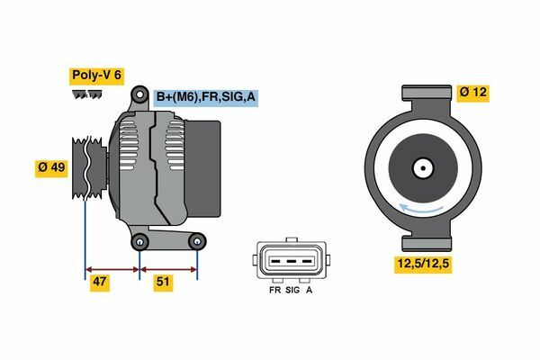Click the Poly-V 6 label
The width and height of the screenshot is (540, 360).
click(x=96, y=76)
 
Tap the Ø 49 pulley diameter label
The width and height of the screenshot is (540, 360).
click(x=51, y=167)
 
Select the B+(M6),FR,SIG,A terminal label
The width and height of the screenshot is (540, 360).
click(x=205, y=97)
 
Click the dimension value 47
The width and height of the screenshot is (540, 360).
click(x=100, y=282)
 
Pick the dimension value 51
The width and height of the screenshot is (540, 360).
click(x=163, y=282)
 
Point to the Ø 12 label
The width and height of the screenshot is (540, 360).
click(x=472, y=93)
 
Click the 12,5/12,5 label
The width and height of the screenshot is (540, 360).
click(x=423, y=264)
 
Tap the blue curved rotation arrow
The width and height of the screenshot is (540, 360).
click(x=420, y=209)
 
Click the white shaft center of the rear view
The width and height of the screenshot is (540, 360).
click(x=423, y=168)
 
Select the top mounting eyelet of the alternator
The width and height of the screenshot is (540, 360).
click(x=139, y=94)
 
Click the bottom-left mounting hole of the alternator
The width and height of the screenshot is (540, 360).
click(x=139, y=242)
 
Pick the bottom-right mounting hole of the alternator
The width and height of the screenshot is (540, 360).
click(x=197, y=242)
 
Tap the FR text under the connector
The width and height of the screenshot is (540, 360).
click(x=274, y=291)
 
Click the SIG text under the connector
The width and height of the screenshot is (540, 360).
click(x=292, y=291)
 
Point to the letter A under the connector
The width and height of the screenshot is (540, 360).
click(x=310, y=291)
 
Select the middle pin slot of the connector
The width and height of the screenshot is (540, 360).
click(x=292, y=262)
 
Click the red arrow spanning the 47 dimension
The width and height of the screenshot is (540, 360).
click(x=112, y=269)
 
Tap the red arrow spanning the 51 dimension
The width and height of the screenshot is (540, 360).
click(x=168, y=269)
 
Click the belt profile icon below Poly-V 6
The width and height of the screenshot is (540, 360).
click(x=87, y=94)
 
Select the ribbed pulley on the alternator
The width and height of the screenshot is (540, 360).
click(x=89, y=168)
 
